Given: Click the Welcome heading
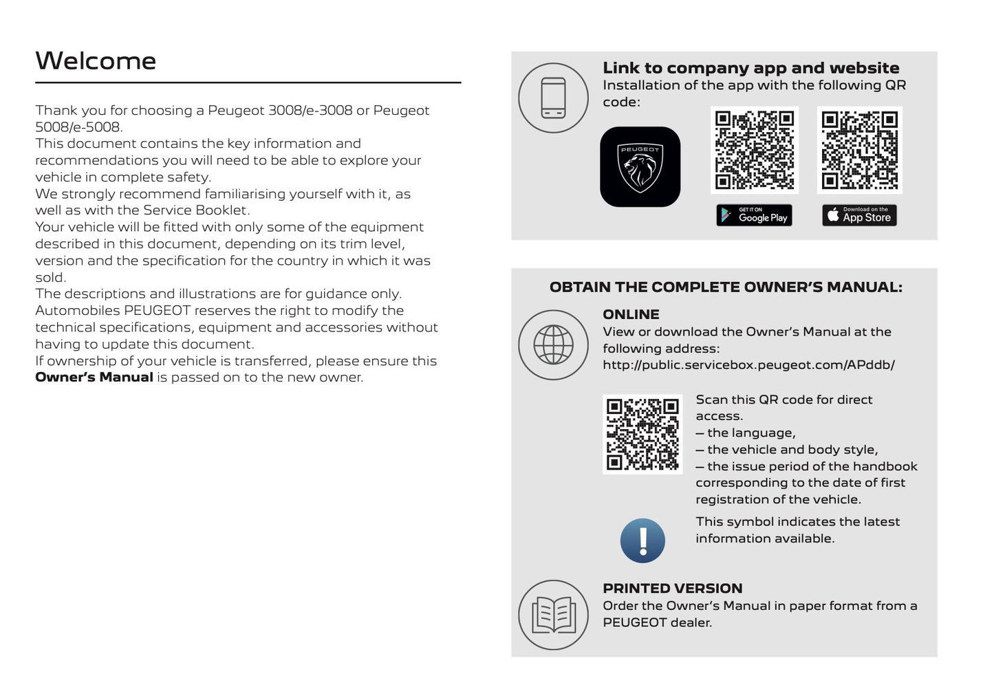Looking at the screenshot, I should [96, 61].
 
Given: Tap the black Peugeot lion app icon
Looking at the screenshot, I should [640, 166].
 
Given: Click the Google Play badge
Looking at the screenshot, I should [754, 215].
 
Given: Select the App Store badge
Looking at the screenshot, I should [859, 215].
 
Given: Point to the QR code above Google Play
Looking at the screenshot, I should [754, 150].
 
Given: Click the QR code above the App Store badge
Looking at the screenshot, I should [859, 150].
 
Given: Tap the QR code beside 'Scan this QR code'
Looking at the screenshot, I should [642, 434].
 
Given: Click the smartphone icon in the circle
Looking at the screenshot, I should [553, 98].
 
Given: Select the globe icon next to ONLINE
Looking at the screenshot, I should [553, 344].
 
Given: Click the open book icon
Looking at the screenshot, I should [553, 615].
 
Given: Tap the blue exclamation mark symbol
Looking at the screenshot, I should [642, 540].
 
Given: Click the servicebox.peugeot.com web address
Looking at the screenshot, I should [748, 365].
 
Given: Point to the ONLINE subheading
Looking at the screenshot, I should [631, 314].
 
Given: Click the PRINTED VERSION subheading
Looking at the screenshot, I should [672, 589].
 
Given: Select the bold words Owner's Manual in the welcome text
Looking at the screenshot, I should [94, 378].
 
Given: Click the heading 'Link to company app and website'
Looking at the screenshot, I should [750, 68].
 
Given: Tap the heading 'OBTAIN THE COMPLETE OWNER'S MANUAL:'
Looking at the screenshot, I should [725, 287].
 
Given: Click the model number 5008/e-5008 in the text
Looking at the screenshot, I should [78, 127].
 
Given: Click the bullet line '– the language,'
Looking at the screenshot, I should [746, 433].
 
